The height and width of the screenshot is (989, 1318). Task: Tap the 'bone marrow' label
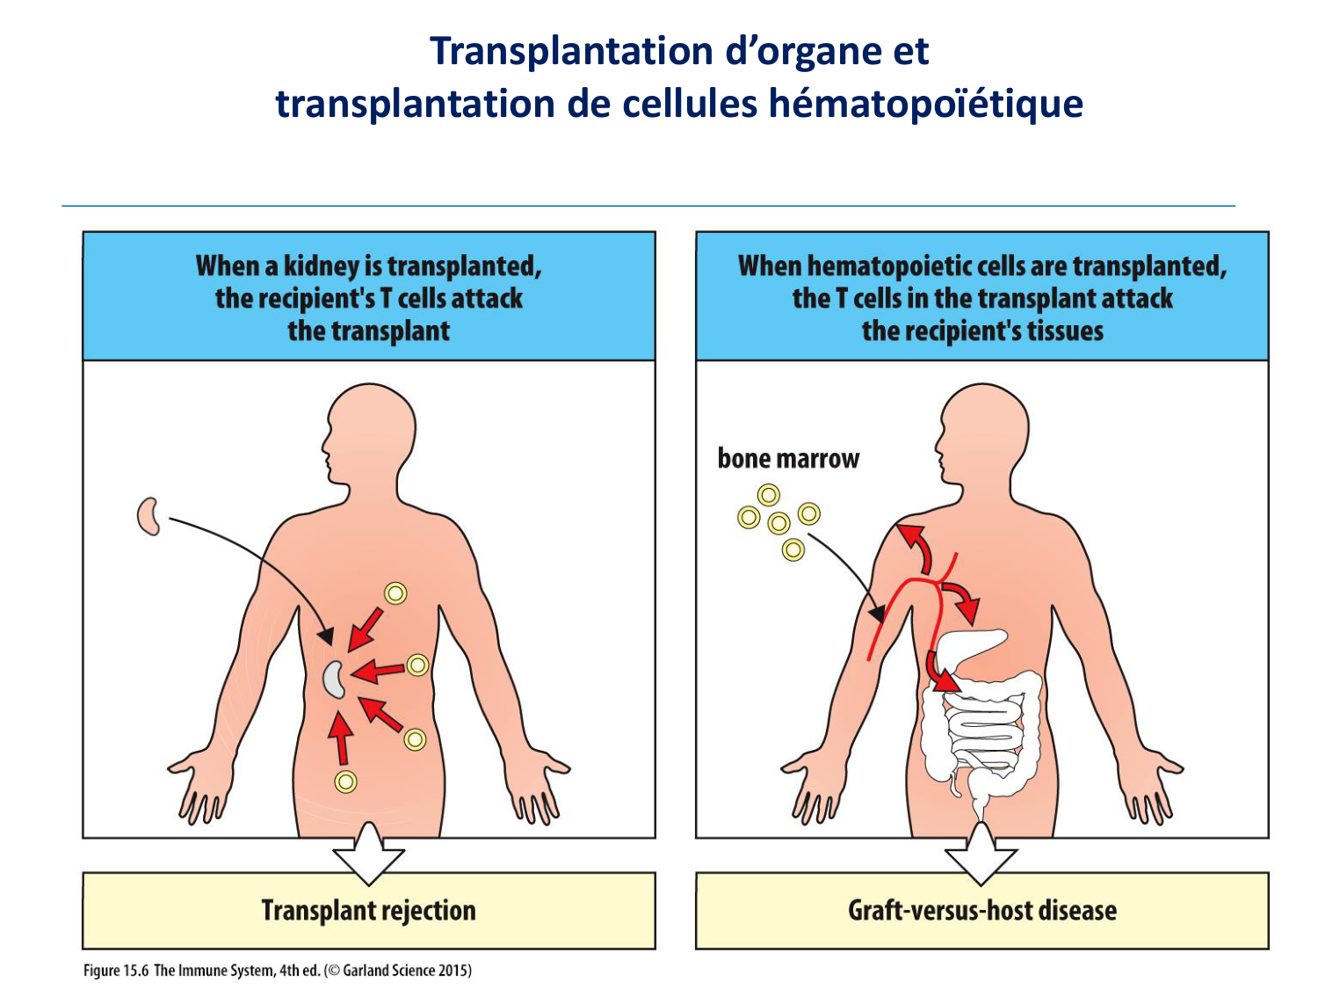pos(788,459)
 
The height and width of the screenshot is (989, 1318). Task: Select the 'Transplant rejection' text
pos(368,911)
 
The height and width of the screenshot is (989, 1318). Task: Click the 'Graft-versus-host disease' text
pos(981,911)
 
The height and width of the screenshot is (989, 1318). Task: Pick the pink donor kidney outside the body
pos(148,516)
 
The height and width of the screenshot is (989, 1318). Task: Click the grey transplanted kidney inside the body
pos(334,680)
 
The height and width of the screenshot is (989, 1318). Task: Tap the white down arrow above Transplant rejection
pos(369,854)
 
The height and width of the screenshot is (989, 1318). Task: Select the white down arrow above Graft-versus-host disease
pos(981,854)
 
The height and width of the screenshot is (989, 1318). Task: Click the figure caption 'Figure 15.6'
pos(115,971)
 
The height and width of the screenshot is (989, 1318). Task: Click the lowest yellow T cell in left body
pos(345,782)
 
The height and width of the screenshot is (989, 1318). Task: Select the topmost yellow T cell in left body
pos(396,593)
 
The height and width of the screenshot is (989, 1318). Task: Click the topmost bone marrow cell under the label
pos(769,496)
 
